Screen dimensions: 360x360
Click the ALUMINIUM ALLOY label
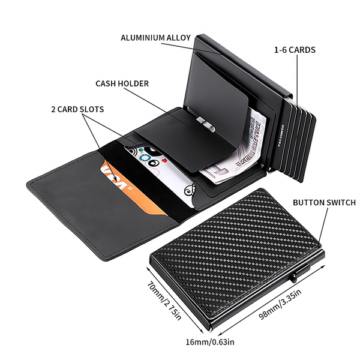(x=155, y=37)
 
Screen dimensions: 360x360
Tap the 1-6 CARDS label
(x=295, y=50)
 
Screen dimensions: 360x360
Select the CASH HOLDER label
(x=122, y=83)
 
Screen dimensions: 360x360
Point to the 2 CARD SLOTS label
(x=77, y=109)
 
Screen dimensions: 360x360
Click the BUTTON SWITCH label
(x=324, y=203)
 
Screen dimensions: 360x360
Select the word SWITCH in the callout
(x=340, y=203)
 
